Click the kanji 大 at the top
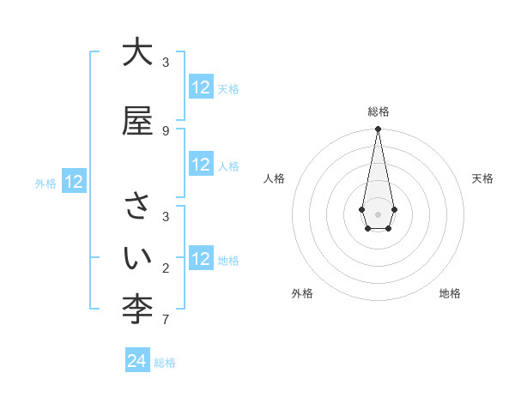point(137,53)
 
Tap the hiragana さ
point(137,208)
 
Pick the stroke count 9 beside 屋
point(166,130)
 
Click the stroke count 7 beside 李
point(166,321)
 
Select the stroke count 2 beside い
point(166,268)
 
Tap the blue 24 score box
point(136,361)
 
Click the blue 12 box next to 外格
point(73,182)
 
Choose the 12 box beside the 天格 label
point(201,87)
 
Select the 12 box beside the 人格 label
point(201,165)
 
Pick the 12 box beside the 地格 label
point(201,259)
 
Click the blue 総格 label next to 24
point(165,363)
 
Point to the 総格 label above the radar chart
point(378,111)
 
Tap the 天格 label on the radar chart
point(482,178)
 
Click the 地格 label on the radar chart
point(450,293)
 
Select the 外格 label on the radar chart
point(302,293)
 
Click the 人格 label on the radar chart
point(274,178)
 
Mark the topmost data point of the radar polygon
point(378,129)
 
